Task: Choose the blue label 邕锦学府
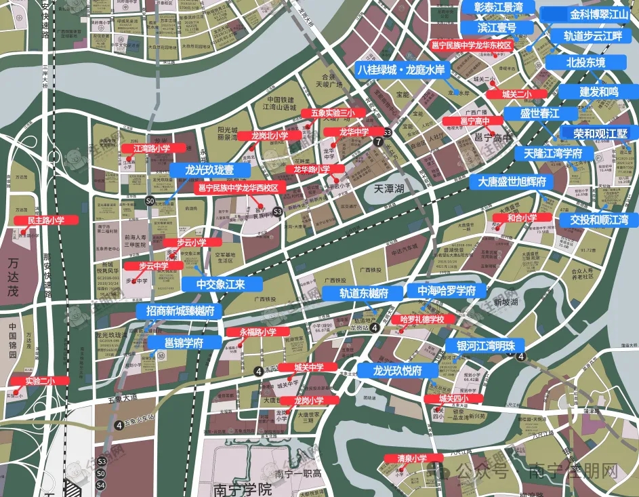point(184,343)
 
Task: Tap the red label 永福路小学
point(258,332)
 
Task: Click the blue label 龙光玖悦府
point(398,371)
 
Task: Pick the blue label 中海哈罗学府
point(447,291)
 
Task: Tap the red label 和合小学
point(522,218)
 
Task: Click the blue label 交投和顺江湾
point(599,220)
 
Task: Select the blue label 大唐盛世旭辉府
point(512,182)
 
